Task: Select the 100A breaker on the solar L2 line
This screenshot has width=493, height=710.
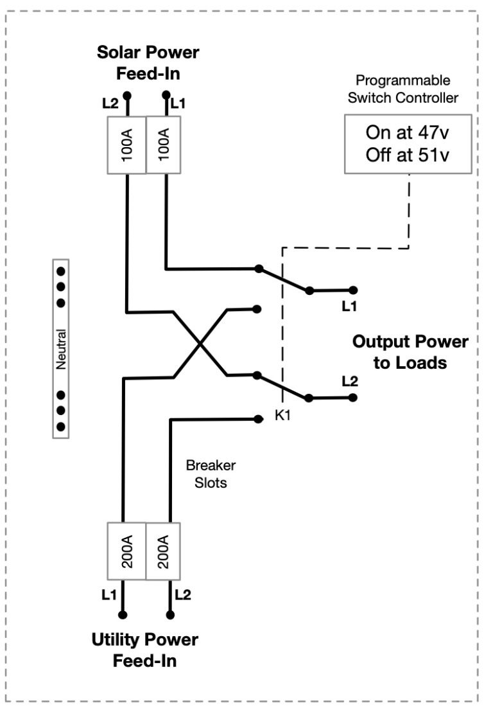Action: coord(127,145)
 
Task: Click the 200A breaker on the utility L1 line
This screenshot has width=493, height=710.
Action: coord(126,550)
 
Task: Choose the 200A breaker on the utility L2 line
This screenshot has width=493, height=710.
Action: coord(162,550)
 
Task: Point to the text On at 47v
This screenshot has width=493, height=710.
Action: coord(409,133)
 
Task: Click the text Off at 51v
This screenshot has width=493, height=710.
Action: coord(409,156)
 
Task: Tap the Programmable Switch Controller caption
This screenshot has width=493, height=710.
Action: coord(402,89)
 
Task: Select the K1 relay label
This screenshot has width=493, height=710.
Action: coord(283,416)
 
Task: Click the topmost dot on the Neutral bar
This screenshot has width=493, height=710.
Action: coord(61,271)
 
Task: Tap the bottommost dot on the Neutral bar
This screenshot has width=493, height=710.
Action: coord(61,426)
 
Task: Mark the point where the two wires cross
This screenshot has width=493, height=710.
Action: coord(200,344)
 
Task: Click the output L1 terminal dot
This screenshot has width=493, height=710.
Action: coord(352,290)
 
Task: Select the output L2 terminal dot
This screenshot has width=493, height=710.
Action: coord(352,398)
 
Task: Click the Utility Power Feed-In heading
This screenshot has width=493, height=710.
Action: coord(145,650)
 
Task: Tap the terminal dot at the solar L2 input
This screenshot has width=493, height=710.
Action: coord(127,95)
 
